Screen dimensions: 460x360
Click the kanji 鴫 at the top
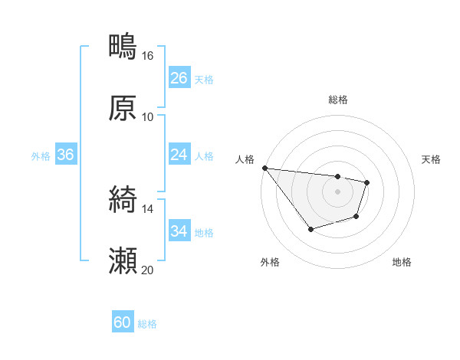(x=123, y=47)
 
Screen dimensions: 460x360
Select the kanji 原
(x=123, y=108)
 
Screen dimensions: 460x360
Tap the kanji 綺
(x=123, y=201)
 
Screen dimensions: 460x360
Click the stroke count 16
(x=147, y=56)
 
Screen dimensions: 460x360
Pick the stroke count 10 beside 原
(x=147, y=117)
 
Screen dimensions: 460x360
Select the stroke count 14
(x=147, y=209)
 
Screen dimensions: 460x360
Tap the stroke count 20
(x=147, y=270)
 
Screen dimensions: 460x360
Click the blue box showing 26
(x=179, y=78)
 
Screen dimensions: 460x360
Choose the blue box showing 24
(x=179, y=155)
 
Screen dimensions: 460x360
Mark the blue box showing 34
(x=179, y=231)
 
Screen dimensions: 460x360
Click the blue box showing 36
(x=66, y=155)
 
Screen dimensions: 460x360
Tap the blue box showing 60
(x=123, y=322)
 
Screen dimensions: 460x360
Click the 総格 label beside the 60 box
(x=147, y=324)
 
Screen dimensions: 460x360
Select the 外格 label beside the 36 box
(x=41, y=156)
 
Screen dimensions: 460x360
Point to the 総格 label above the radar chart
(x=338, y=100)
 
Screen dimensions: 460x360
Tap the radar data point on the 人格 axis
(x=264, y=168)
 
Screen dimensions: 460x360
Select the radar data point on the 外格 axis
(x=310, y=229)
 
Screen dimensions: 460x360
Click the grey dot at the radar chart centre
(x=337, y=191)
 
